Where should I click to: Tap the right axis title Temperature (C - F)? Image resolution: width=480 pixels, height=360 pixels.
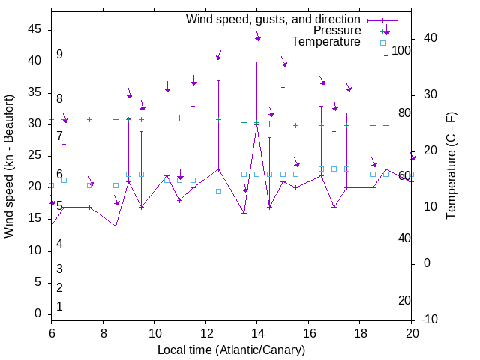pos(451,166)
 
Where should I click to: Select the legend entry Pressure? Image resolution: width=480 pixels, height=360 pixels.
pos(337,31)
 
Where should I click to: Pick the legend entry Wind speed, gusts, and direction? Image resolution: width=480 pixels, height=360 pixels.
pos(273,19)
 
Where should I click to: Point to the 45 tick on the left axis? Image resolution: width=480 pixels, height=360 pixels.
pos(34,29)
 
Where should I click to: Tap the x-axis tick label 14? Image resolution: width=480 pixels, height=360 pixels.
pos(256,332)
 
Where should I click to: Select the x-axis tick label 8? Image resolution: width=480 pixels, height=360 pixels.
pos(103,332)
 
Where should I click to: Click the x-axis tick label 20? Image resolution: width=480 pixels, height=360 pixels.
pos(411,332)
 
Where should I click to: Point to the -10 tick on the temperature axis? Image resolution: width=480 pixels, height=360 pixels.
pos(430,319)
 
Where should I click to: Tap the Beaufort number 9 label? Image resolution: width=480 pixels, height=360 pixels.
pos(59,55)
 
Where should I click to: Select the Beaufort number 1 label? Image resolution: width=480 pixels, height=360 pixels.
pos(59,306)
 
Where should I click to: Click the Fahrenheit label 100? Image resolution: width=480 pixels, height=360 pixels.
pos(401,50)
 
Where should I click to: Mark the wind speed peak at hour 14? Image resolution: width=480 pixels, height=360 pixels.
pos(256,123)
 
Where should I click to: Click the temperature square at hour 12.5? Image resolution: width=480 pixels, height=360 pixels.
pos(218,191)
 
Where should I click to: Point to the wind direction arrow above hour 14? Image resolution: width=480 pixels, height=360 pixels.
pos(257,36)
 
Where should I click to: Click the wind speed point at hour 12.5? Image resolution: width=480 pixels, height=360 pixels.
pos(218,169)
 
